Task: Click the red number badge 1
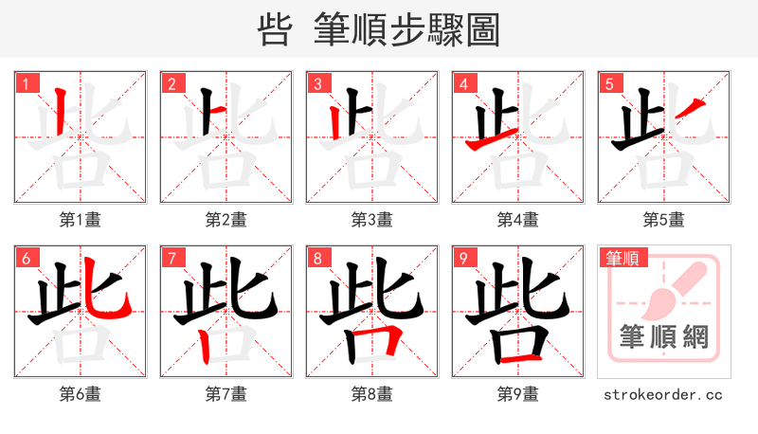coord(25,83)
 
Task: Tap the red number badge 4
coord(463,83)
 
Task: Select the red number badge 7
coord(171,258)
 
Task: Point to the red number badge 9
coord(463,258)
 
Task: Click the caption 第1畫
coord(81,220)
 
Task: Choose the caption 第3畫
coord(372,220)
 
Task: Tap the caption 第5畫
coord(664,220)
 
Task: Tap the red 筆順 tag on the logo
coord(622,258)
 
